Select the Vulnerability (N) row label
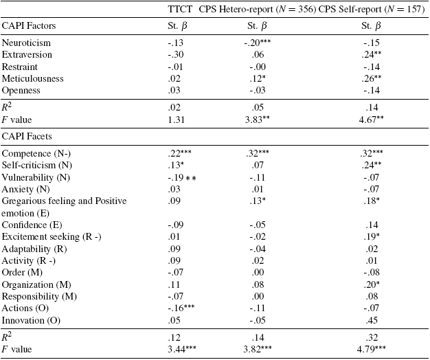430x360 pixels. coord(36,178)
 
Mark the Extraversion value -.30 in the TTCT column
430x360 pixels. coord(177,54)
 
